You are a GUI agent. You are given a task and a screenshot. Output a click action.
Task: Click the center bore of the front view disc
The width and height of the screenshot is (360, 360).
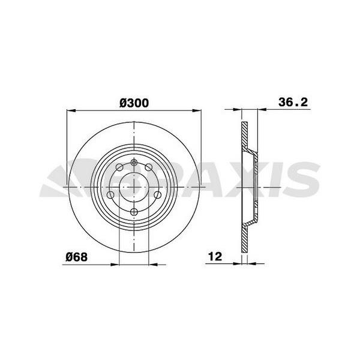pos(133,187)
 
